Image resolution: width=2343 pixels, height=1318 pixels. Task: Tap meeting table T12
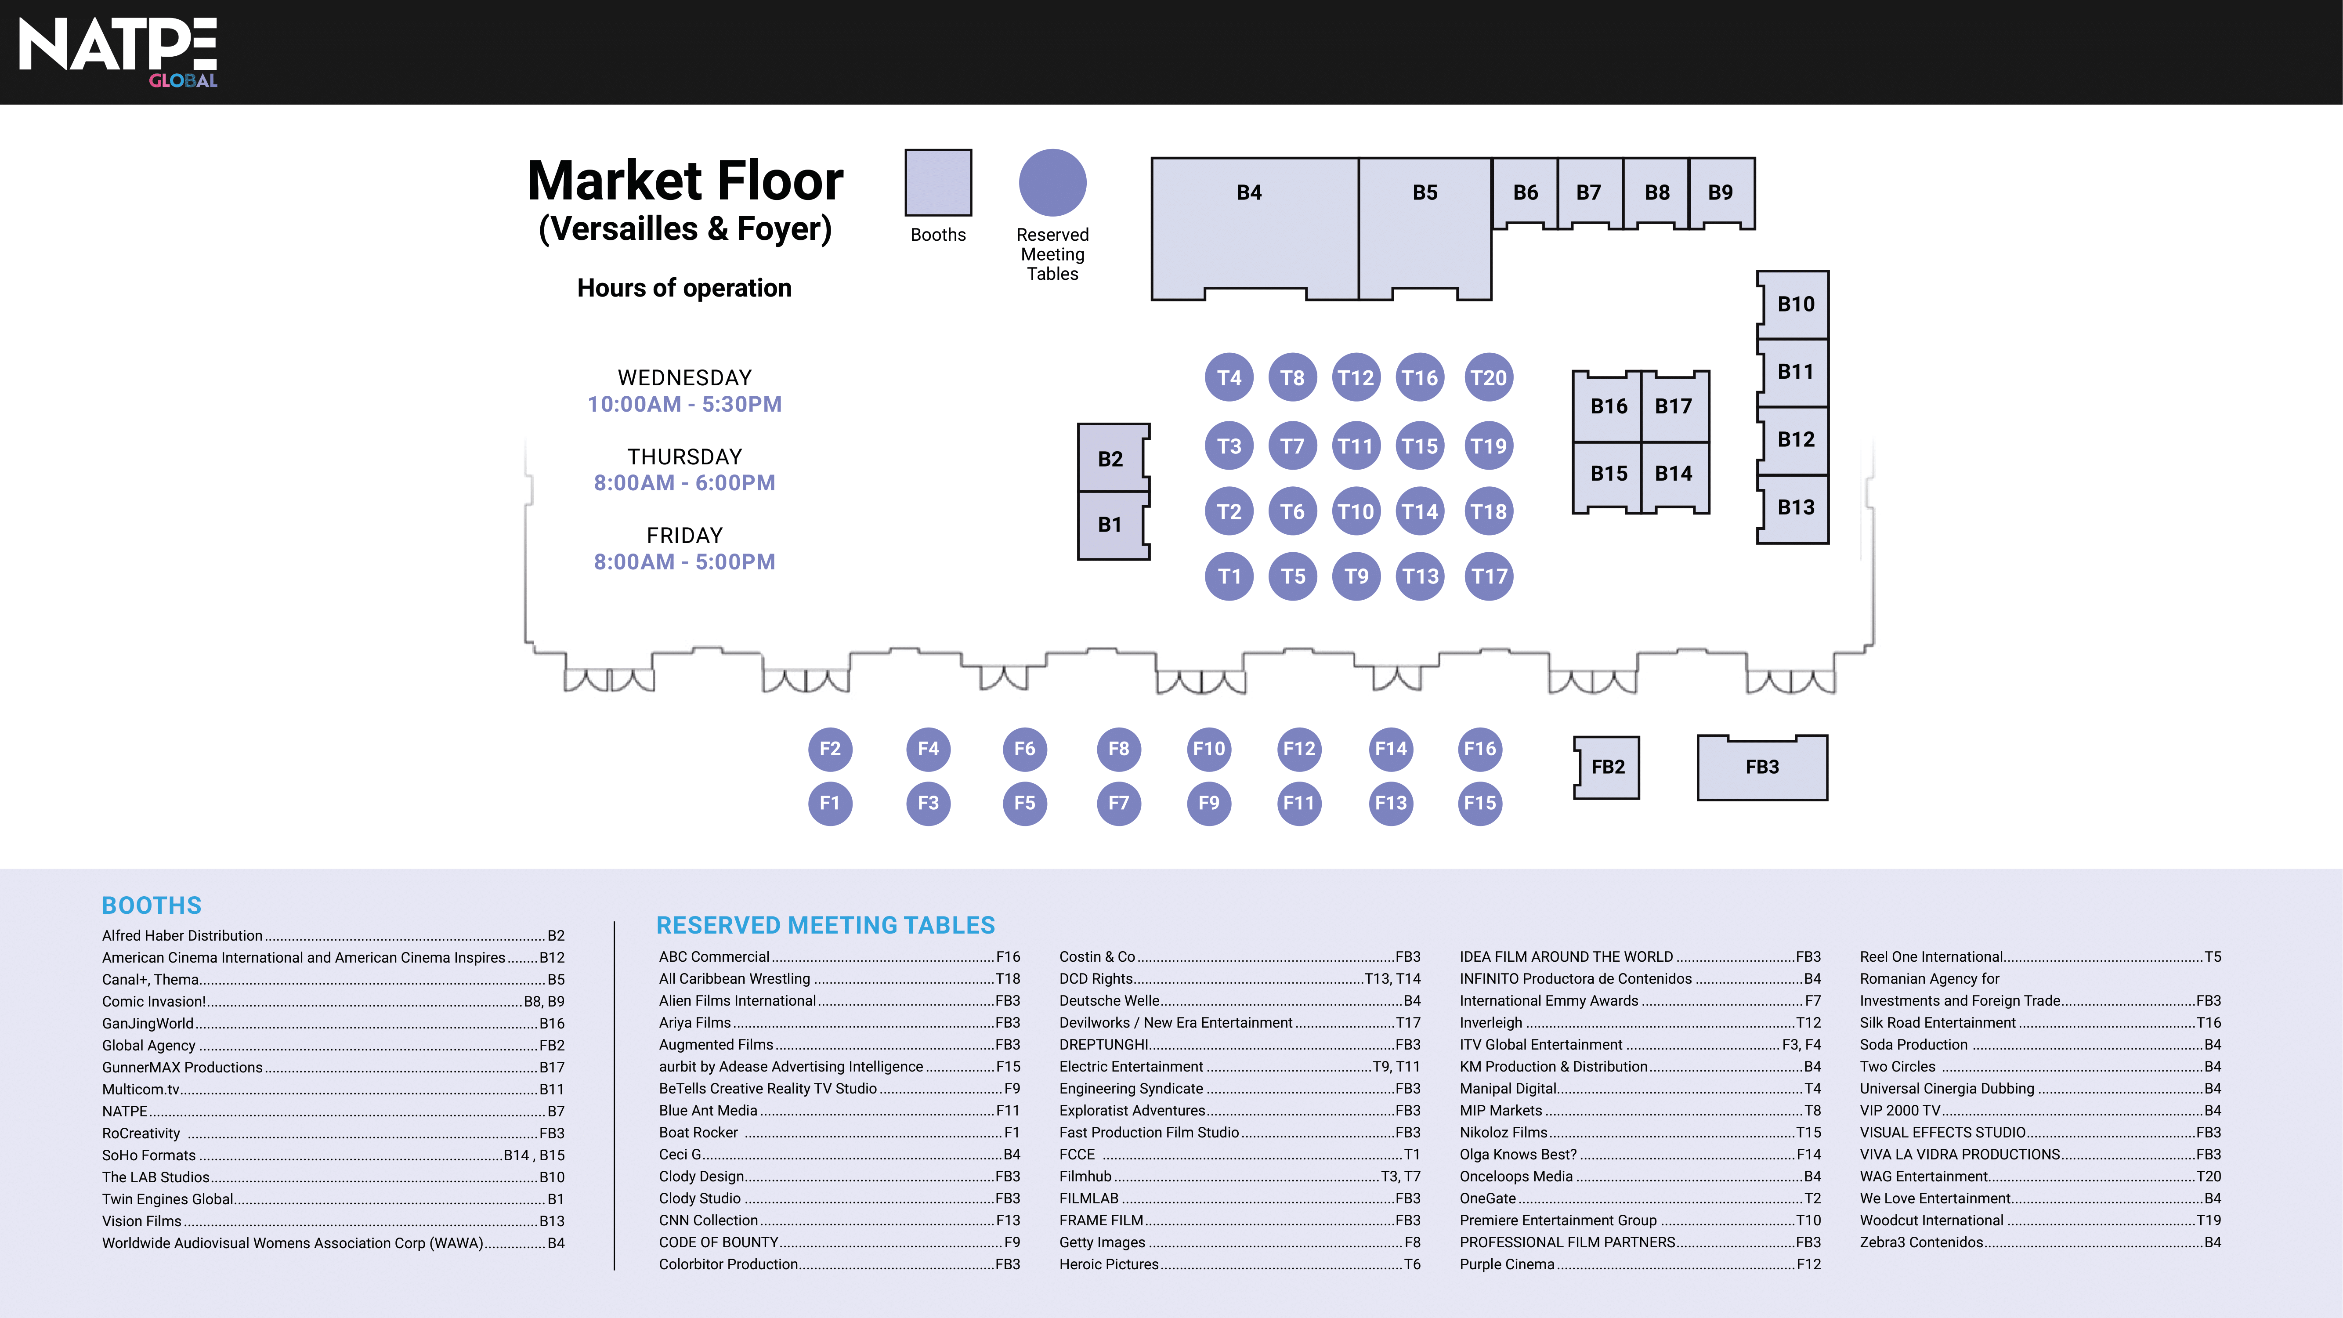click(x=1355, y=377)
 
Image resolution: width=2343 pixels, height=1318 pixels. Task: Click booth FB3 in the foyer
click(x=1762, y=767)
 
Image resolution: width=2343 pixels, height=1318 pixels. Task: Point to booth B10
click(x=1794, y=304)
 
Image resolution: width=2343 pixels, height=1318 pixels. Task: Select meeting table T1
click(x=1229, y=576)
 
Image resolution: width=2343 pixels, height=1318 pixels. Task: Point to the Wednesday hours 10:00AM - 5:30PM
click(x=684, y=404)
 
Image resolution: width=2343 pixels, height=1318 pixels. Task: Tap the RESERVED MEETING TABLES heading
click(x=825, y=925)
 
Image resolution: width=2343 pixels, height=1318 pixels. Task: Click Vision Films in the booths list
click(x=142, y=1220)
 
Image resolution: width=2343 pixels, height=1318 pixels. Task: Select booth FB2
click(x=1607, y=767)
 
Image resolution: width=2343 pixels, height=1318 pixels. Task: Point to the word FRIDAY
click(x=684, y=536)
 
